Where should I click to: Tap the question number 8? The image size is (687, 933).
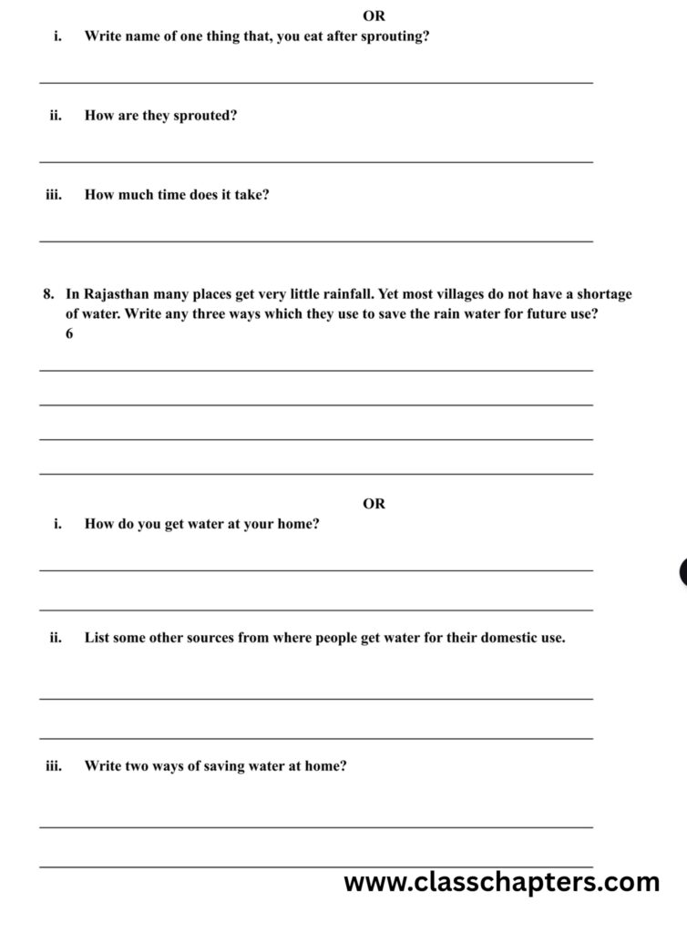pos(47,295)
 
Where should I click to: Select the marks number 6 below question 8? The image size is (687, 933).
pos(69,334)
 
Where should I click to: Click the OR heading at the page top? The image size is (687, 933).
pos(374,16)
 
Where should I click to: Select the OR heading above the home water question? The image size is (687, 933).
pos(374,504)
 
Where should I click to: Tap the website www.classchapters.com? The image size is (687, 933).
pos(501,882)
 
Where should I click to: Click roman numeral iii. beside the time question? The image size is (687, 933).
pos(53,195)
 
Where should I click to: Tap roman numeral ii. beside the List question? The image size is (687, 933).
pos(55,638)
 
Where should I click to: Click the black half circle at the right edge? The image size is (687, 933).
pos(682,572)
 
